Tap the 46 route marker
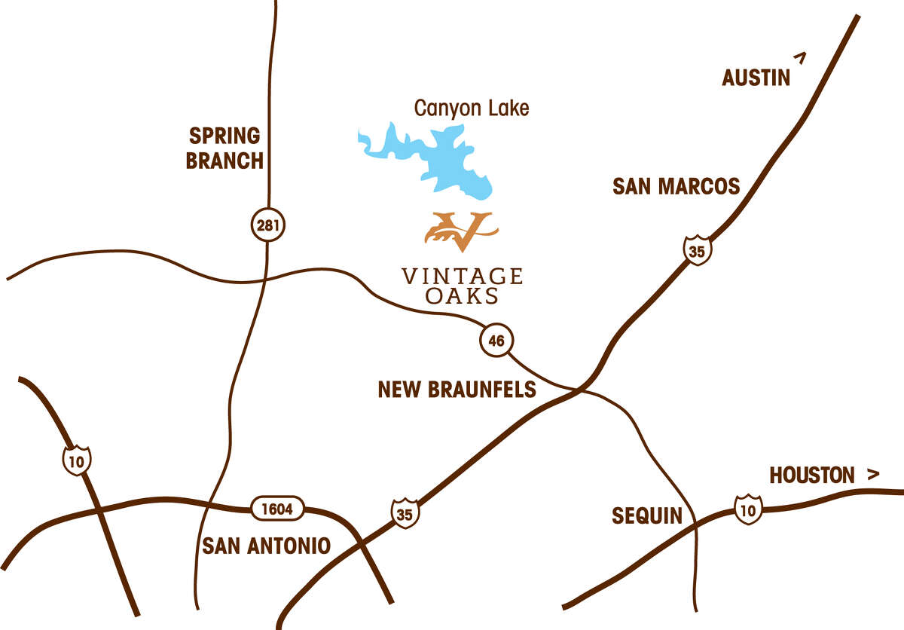(x=496, y=341)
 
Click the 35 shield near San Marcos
(x=697, y=251)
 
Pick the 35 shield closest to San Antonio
(x=405, y=512)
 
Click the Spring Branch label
(x=224, y=148)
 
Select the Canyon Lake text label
(x=472, y=109)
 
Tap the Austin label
(x=756, y=78)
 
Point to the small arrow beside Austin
(x=800, y=57)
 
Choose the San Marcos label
(x=676, y=186)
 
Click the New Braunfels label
(x=457, y=389)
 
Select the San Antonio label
(x=266, y=545)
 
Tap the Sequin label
(x=646, y=516)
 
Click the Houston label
(x=811, y=476)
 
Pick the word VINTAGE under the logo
(x=462, y=276)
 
